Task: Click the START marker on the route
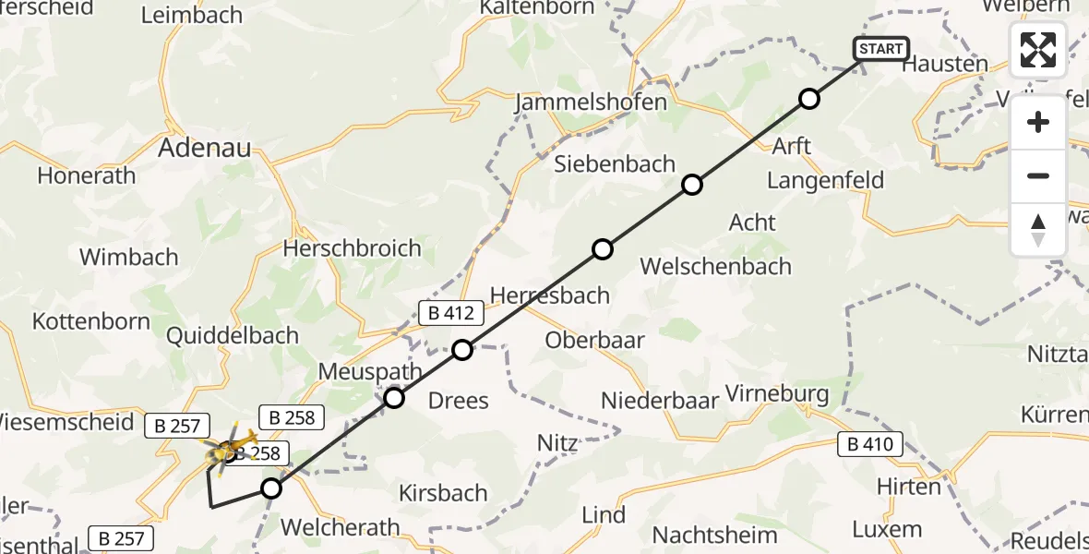[881, 49]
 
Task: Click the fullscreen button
[1038, 50]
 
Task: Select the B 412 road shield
[451, 313]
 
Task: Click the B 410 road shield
[869, 445]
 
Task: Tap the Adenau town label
[205, 148]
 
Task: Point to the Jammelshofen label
[592, 102]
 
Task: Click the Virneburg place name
[777, 394]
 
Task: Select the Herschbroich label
[353, 248]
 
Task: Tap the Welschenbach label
[715, 266]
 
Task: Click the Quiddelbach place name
[232, 335]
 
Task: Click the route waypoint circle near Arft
[808, 99]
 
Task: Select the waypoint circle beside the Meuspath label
[394, 398]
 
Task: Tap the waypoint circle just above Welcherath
[270, 488]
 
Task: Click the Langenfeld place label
[825, 180]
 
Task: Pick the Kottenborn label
[91, 321]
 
